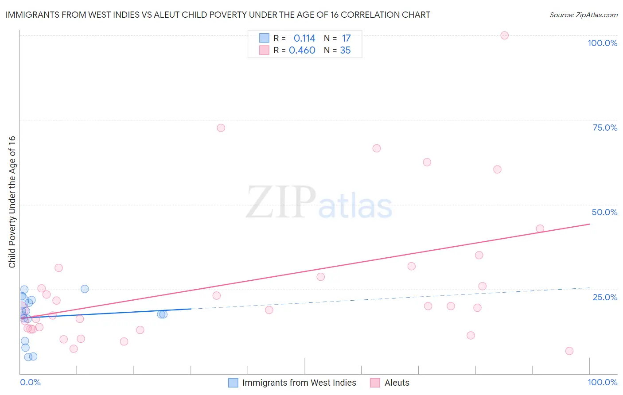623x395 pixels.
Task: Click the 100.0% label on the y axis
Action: tap(602, 43)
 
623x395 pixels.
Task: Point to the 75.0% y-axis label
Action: tap(605, 128)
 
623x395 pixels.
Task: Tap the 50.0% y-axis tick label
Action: tap(604, 212)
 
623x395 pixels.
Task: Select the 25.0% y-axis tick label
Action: tap(605, 297)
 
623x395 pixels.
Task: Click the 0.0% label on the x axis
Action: tap(30, 382)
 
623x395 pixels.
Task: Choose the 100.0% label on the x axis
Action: tap(602, 382)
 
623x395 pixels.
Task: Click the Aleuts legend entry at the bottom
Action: tap(397, 383)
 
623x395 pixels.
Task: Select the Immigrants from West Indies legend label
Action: tap(299, 383)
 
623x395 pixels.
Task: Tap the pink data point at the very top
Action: tap(504, 35)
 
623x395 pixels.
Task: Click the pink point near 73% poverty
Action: tap(221, 128)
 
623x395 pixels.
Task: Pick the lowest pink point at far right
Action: tap(569, 351)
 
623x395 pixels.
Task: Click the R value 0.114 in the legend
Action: tap(304, 39)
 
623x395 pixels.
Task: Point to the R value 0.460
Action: tap(302, 50)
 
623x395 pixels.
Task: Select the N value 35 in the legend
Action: tap(345, 50)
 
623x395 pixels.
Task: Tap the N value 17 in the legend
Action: tap(346, 39)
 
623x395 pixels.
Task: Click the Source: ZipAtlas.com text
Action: tap(583, 15)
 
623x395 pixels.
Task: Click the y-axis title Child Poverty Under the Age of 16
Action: tap(12, 202)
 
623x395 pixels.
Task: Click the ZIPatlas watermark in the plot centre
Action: tap(319, 203)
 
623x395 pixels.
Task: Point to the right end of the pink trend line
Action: tap(589, 224)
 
